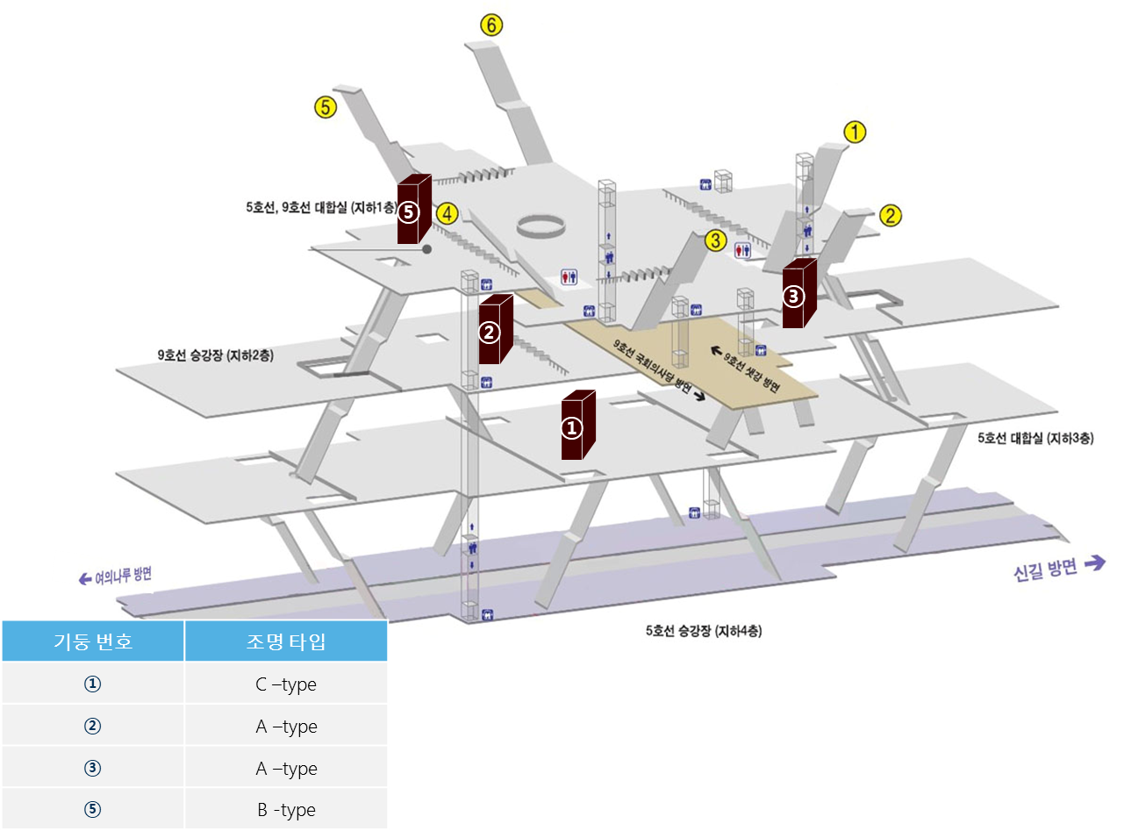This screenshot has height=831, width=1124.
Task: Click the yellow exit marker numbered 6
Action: [x=491, y=25]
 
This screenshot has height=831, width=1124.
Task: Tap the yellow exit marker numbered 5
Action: [x=326, y=107]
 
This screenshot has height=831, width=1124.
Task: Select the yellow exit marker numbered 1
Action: [x=856, y=133]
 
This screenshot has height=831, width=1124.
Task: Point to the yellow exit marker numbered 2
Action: [x=891, y=216]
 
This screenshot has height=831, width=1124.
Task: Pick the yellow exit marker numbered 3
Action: [x=717, y=240]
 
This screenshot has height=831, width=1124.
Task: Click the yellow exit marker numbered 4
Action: [x=447, y=213]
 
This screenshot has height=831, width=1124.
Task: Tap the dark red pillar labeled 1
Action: [x=577, y=426]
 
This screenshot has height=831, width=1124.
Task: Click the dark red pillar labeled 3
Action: [x=798, y=294]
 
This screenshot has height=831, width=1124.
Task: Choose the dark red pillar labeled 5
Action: [x=413, y=210]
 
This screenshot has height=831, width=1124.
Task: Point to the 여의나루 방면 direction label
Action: [x=116, y=577]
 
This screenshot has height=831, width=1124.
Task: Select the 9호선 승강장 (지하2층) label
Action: [x=215, y=355]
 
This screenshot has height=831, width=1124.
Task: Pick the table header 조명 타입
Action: [x=286, y=641]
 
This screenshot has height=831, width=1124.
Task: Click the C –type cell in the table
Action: [x=286, y=684]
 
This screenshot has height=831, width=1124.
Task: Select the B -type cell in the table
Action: [x=286, y=810]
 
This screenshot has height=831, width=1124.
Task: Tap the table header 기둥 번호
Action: [x=93, y=641]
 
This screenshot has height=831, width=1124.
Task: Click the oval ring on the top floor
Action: [x=540, y=225]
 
